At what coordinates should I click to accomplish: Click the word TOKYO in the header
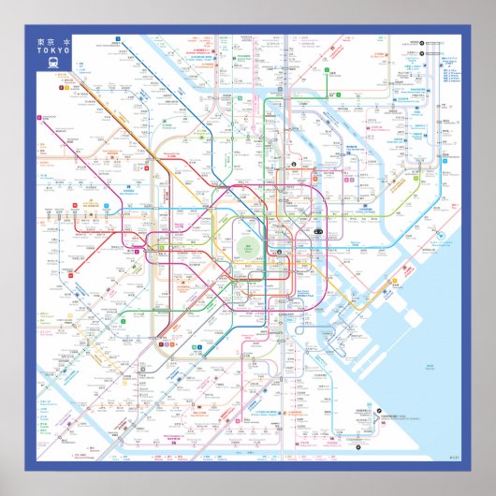[x=53, y=52]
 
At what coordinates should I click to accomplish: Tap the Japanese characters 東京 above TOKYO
[x=47, y=43]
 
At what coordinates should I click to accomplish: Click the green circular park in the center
[x=249, y=247]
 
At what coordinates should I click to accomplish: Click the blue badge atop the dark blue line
[x=119, y=40]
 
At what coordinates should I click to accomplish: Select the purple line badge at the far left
[x=39, y=118]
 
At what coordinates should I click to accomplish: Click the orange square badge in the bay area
[x=394, y=279]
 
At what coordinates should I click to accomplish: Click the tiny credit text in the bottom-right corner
[x=455, y=457]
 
